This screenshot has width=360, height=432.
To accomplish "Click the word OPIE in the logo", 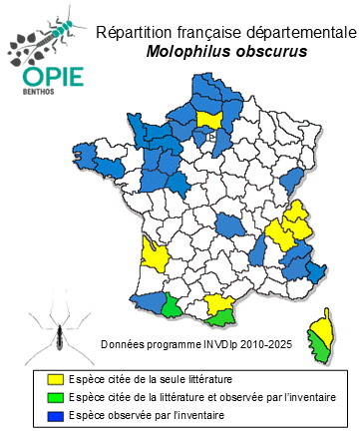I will pos(43,79).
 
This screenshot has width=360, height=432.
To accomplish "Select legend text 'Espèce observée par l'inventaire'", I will pos(149,414).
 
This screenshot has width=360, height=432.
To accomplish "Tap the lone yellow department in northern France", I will pos(209,120).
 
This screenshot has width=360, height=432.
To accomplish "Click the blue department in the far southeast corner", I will pos(316,272).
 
